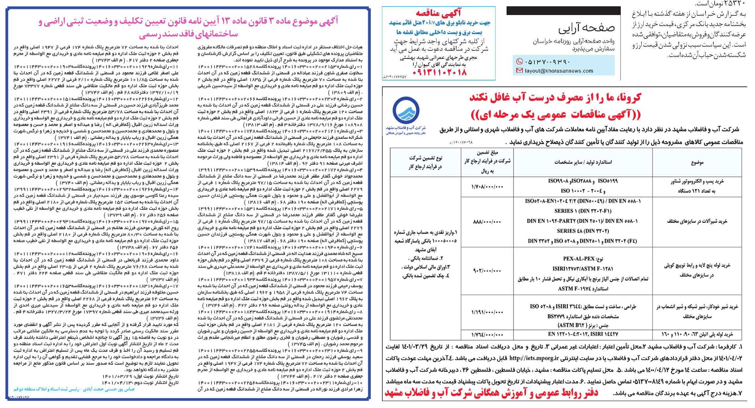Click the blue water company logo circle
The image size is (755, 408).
point(406,111)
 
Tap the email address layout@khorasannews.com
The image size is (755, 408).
point(559,71)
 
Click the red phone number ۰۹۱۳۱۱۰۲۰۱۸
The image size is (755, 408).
point(439,73)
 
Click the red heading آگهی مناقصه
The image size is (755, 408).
point(438,13)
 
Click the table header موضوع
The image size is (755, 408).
point(697,163)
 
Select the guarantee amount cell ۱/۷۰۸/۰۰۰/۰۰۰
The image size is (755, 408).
point(487,187)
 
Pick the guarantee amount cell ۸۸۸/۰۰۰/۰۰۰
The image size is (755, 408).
point(487,222)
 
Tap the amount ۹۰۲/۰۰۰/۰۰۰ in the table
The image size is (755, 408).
point(487,271)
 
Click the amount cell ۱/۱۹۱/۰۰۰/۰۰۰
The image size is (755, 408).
point(487,312)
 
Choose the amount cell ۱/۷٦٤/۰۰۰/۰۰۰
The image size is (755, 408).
point(487,335)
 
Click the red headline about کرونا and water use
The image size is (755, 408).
point(555,98)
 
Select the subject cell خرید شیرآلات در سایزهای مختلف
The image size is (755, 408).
point(697,221)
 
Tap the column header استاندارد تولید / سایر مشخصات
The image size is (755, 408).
point(583,162)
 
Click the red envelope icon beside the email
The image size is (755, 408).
point(519,71)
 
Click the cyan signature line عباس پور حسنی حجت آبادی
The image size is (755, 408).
point(74,389)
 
